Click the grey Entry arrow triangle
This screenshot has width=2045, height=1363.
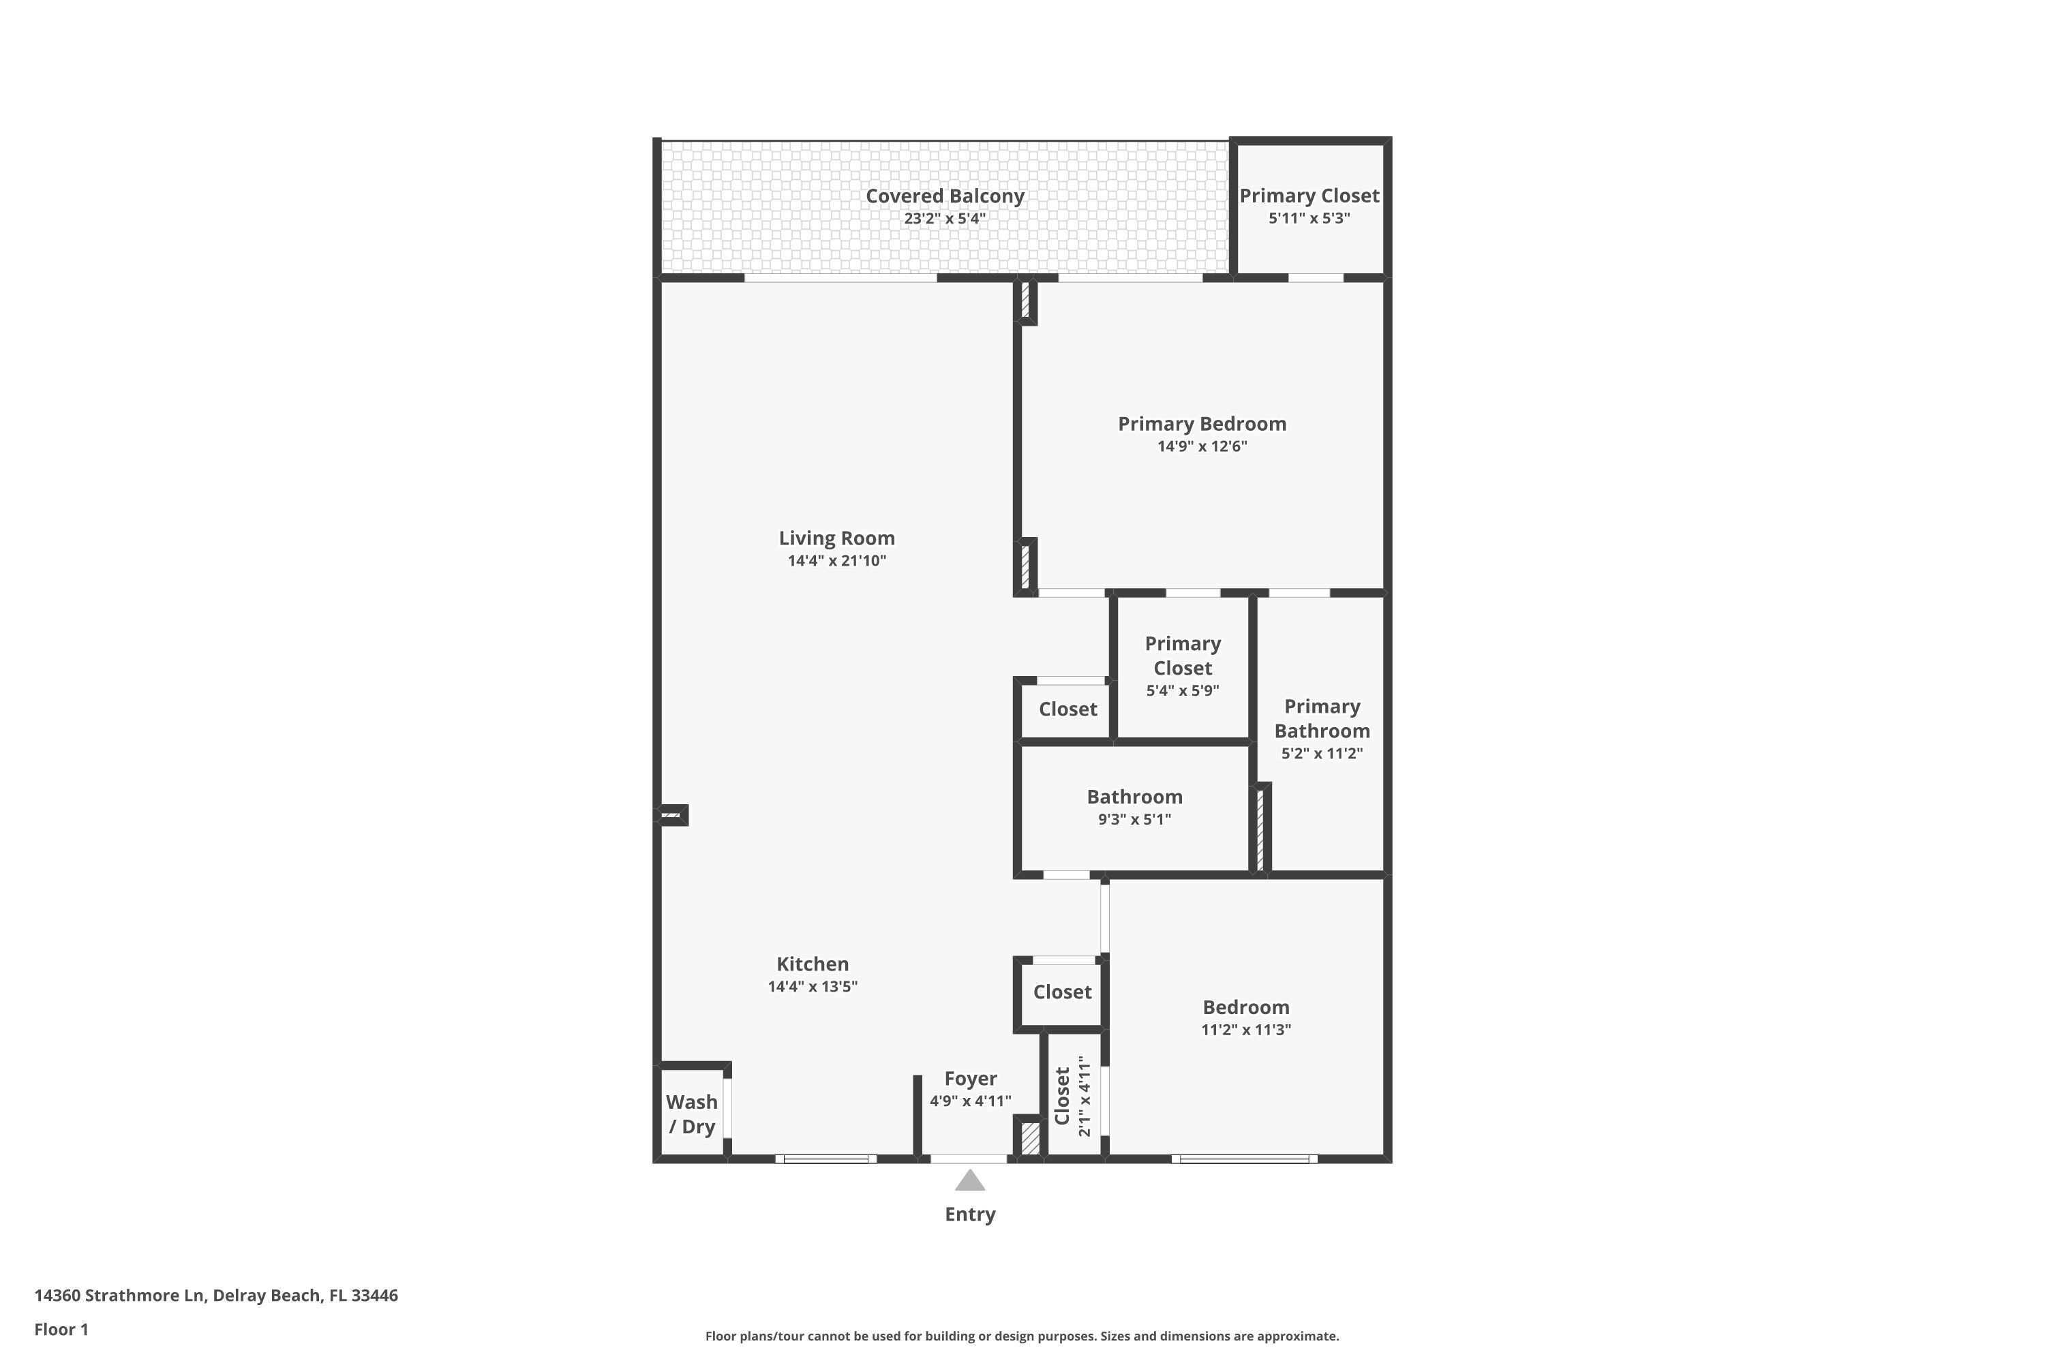(969, 1180)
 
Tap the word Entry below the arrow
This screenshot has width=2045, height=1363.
(970, 1214)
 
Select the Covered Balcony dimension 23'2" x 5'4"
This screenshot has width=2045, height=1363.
(944, 218)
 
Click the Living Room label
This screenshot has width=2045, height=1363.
(836, 538)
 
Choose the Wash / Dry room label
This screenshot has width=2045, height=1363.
(692, 1114)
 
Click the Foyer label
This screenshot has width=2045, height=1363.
(970, 1079)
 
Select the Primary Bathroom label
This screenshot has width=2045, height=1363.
(1322, 719)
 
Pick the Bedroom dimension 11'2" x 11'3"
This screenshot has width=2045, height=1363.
(1246, 1030)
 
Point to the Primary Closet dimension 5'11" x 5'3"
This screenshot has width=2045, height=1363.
(1309, 218)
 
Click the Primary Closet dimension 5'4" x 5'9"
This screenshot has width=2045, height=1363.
(1183, 691)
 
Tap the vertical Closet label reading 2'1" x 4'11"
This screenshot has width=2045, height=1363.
(1072, 1096)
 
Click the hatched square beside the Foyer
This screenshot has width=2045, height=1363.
(1029, 1138)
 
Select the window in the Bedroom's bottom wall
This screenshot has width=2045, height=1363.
(1244, 1159)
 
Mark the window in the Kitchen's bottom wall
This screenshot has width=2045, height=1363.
(826, 1159)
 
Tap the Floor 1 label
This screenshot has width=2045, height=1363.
(62, 1329)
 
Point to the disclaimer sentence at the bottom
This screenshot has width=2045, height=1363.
(1022, 1336)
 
